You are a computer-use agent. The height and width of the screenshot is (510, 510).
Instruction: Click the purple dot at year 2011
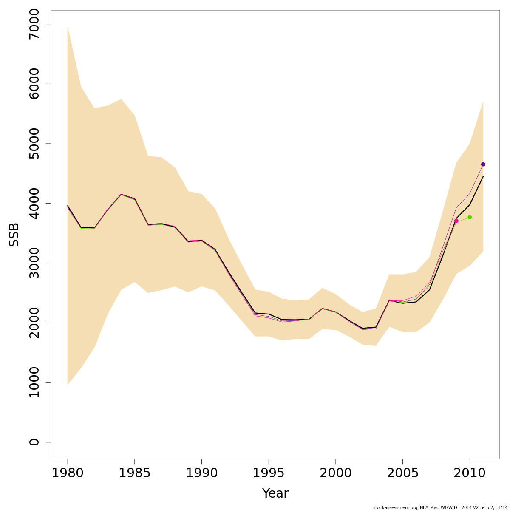(483, 164)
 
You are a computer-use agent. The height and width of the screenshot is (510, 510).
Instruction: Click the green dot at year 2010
(470, 217)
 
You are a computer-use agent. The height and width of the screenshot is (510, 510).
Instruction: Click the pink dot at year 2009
(456, 221)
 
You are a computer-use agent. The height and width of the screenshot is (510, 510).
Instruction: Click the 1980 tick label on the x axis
(68, 473)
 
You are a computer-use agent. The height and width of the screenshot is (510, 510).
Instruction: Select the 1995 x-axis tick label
(269, 473)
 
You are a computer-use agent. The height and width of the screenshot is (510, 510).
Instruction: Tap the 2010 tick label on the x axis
(470, 473)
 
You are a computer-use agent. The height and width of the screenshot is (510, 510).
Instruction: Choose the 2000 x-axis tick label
(336, 473)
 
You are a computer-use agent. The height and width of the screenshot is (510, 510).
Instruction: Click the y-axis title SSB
(14, 235)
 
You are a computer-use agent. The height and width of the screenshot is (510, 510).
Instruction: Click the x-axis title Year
(275, 493)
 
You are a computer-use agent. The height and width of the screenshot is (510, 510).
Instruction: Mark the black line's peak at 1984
(121, 194)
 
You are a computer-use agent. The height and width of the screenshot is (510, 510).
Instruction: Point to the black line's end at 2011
(483, 176)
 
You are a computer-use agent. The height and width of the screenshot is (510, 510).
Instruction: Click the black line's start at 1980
(68, 206)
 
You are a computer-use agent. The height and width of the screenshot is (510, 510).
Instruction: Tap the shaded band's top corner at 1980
(68, 27)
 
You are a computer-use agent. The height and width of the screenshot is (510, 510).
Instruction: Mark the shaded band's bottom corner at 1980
(68, 385)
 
